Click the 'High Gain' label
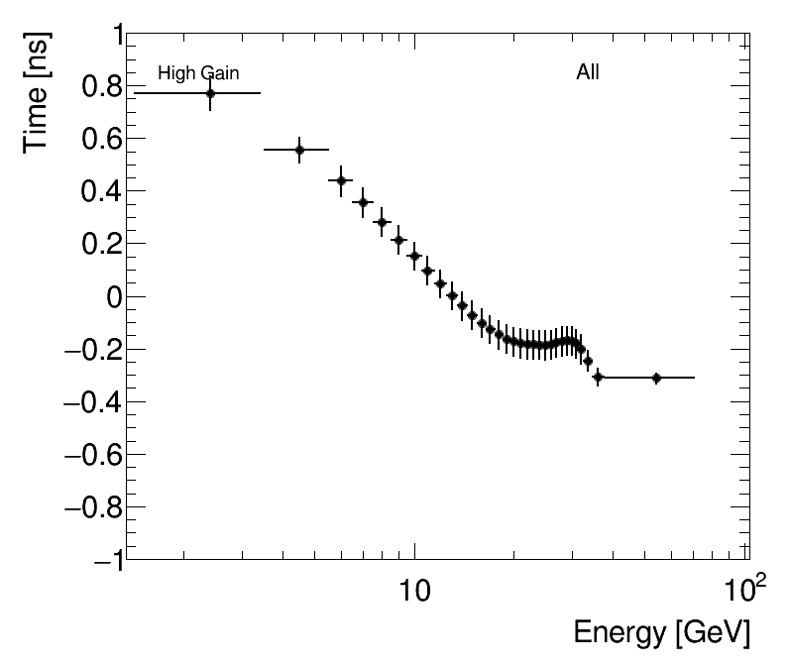(x=198, y=73)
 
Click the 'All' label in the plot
(x=588, y=72)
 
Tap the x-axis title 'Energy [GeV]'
(x=661, y=632)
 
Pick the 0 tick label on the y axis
(x=111, y=296)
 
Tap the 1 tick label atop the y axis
(x=112, y=35)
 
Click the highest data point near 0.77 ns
(x=210, y=93)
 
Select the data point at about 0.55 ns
(x=299, y=150)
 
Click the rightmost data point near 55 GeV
(x=656, y=378)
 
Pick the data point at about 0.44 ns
(x=341, y=180)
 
